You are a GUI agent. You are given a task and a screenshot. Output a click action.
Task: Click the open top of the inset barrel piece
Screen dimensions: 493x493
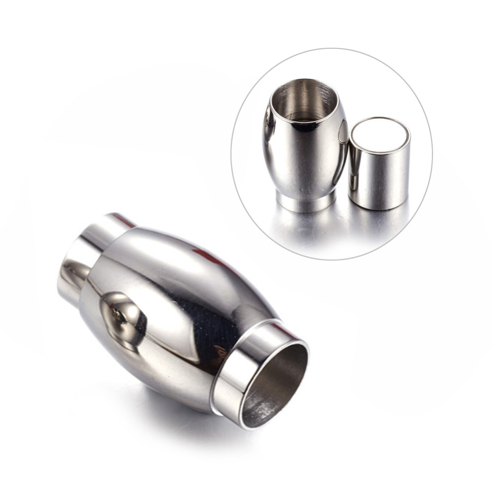point(304,101)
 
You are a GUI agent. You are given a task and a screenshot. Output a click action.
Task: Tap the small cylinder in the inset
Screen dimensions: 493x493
point(379,163)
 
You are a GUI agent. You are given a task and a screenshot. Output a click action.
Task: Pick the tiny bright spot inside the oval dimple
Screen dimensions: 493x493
point(114,313)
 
